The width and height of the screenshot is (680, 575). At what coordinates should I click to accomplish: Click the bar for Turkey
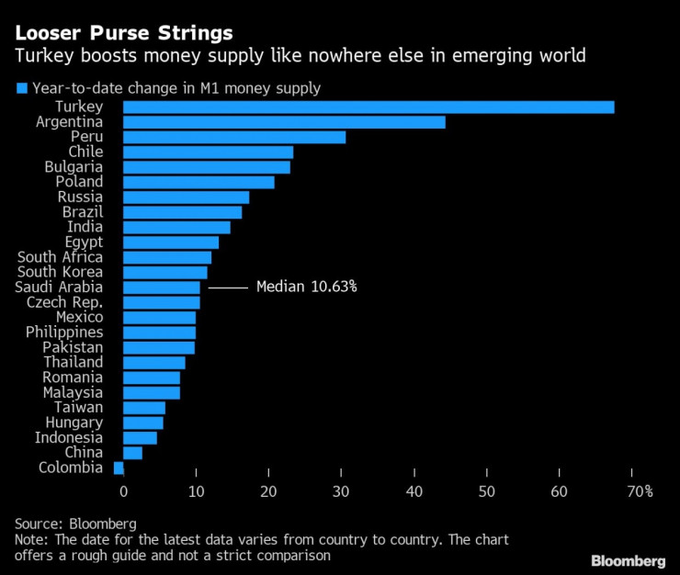pyautogui.click(x=368, y=107)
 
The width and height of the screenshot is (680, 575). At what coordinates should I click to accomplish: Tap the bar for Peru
pyautogui.click(x=233, y=137)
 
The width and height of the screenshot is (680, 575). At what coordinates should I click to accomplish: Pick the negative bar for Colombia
pyautogui.click(x=119, y=468)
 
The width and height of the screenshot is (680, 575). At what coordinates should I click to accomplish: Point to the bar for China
pyautogui.click(x=132, y=453)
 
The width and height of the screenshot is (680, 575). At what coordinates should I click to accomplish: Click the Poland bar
pyautogui.click(x=198, y=182)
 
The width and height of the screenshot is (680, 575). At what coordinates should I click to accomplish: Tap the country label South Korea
pyautogui.click(x=61, y=272)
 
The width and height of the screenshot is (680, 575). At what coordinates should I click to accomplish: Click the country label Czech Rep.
pyautogui.click(x=64, y=302)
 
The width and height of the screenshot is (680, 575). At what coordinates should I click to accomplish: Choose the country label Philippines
pyautogui.click(x=64, y=332)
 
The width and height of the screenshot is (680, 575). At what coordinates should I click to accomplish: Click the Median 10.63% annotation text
pyautogui.click(x=306, y=287)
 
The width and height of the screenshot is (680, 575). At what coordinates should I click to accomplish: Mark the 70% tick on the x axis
pyautogui.click(x=640, y=491)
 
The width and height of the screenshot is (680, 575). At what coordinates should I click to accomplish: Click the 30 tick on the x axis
pyautogui.click(x=342, y=491)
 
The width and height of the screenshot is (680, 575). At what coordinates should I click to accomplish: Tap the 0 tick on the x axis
pyautogui.click(x=123, y=491)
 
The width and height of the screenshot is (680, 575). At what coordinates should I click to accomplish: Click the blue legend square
pyautogui.click(x=21, y=88)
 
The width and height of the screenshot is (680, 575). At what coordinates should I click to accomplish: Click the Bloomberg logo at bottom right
pyautogui.click(x=628, y=560)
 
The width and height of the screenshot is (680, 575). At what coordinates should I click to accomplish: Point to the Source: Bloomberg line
pyautogui.click(x=75, y=523)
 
